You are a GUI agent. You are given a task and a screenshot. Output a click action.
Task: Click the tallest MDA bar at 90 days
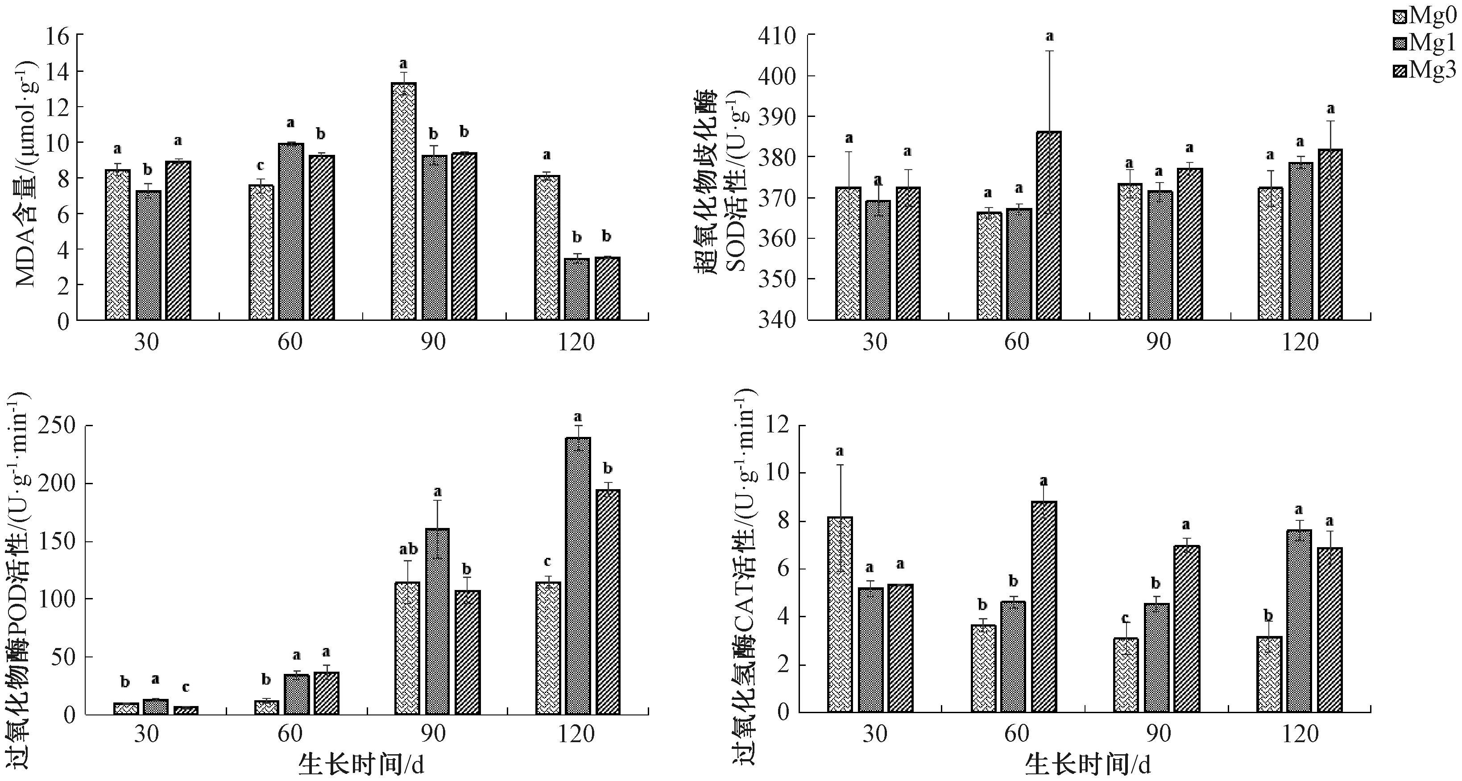point(403,201)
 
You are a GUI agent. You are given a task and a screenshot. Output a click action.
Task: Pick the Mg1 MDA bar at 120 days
point(576,290)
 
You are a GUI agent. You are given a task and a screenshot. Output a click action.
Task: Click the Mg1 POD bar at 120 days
point(578,576)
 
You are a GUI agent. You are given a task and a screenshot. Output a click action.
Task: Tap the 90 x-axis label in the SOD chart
point(1158,342)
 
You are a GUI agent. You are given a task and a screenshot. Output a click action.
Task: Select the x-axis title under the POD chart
point(361,765)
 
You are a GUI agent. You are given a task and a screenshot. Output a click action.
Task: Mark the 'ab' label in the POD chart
point(408,549)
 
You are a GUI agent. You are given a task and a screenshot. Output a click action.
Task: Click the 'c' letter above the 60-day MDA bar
point(261,166)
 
